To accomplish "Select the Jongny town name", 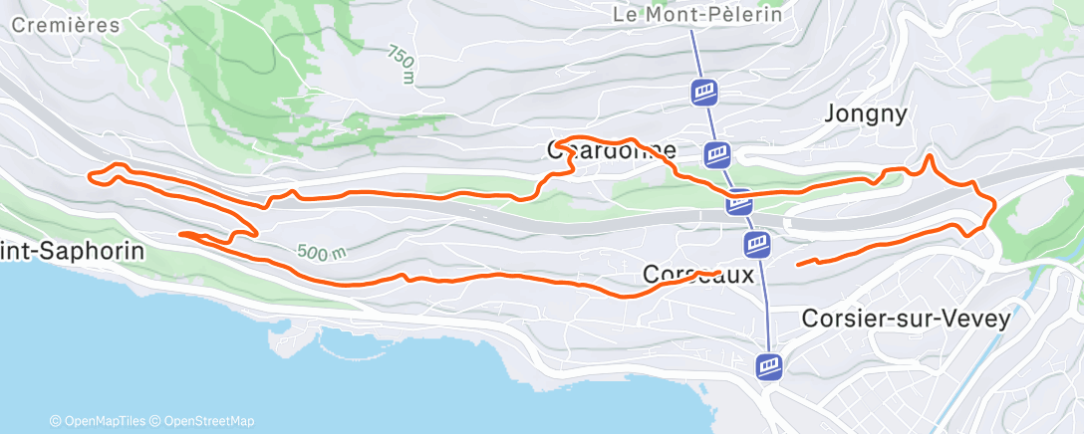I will [x=866, y=114].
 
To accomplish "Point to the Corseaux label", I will [x=698, y=274].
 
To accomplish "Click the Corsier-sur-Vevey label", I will [x=906, y=320].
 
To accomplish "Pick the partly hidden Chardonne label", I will [x=612, y=151].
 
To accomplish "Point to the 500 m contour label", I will [x=321, y=252].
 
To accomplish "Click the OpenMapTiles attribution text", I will [x=98, y=421].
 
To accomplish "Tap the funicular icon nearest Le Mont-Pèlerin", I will [x=704, y=93].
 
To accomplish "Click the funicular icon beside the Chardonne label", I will [x=717, y=154].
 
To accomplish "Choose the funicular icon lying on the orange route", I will [x=738, y=202].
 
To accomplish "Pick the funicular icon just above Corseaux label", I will [x=757, y=244].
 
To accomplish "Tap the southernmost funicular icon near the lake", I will [x=768, y=365].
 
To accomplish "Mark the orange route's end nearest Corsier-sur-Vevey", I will [x=798, y=264].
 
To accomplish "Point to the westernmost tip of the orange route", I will [x=90, y=177].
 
